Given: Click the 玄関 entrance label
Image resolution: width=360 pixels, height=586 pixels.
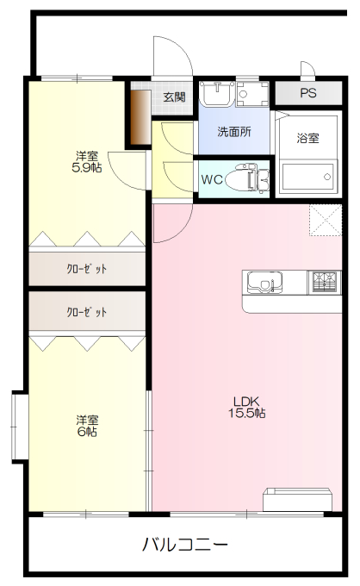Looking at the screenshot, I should coord(174,97).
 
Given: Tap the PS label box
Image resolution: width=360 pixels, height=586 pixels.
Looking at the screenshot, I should coord(307,93).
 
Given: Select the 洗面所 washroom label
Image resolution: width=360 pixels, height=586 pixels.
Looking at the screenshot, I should coord(233,133).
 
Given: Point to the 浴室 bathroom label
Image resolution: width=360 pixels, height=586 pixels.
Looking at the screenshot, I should coord(307,138).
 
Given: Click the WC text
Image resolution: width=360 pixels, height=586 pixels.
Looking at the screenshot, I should coord(212,180).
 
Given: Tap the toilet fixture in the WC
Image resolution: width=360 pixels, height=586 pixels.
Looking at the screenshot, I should coord(255,179).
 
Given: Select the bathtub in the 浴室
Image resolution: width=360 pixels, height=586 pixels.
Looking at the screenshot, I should coord(307,177).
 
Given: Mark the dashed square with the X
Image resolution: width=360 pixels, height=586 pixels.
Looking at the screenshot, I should coord(324,221).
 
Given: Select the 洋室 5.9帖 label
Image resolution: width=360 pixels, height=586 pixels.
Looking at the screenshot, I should coord(86,162).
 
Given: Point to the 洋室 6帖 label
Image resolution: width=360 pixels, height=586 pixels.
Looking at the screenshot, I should coord(86,426).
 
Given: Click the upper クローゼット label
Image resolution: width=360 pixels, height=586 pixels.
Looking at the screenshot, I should coord(86,269).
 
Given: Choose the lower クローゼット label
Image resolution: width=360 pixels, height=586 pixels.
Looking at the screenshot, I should coord(86,312).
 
